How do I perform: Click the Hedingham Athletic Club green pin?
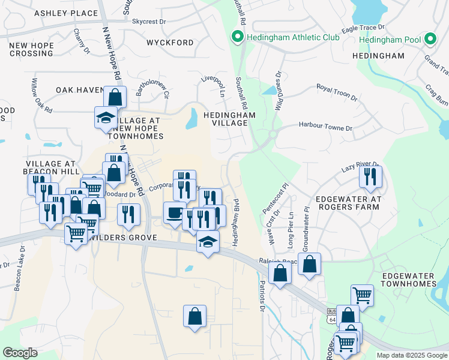pyautogui.click(x=237, y=38)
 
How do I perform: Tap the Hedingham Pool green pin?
pyautogui.click(x=430, y=40)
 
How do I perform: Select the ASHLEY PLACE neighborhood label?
pyautogui.click(x=66, y=13)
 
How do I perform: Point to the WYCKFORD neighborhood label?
pyautogui.click(x=170, y=43)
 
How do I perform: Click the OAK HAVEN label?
pyautogui.click(x=80, y=90)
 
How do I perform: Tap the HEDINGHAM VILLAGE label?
pyautogui.click(x=229, y=118)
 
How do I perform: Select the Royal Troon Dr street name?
pyautogui.click(x=337, y=91)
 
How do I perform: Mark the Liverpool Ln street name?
pyautogui.click(x=212, y=86)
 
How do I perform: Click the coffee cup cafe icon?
pyautogui.click(x=175, y=212)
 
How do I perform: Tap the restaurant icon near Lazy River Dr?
pyautogui.click(x=370, y=176)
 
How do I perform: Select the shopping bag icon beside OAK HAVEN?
pyautogui.click(x=114, y=97)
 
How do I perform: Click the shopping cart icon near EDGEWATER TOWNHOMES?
pyautogui.click(x=362, y=295)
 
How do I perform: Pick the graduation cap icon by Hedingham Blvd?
pyautogui.click(x=208, y=242)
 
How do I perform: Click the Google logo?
pyautogui.click(x=20, y=352)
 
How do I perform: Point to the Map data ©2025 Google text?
pyautogui.click(x=411, y=355)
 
